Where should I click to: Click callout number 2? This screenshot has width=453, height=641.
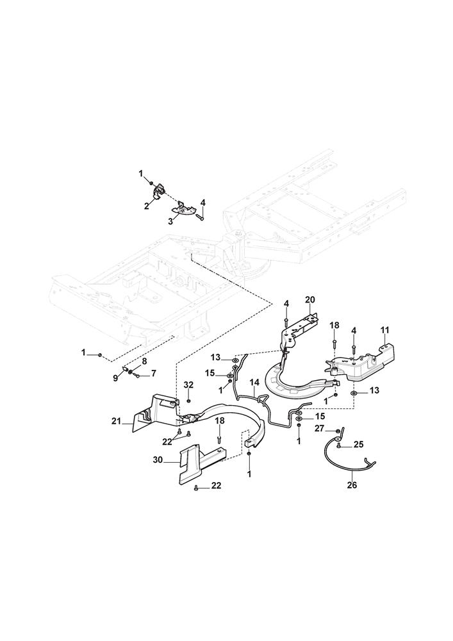[x=147, y=206]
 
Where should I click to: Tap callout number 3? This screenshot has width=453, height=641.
[x=170, y=221]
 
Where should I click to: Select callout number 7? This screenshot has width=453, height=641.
[x=153, y=373]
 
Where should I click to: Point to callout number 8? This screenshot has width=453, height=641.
[x=144, y=361]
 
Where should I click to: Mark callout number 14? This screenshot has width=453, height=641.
[x=254, y=383]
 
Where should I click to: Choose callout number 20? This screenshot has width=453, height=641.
[x=310, y=299]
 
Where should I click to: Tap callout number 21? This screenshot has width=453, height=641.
[x=116, y=421]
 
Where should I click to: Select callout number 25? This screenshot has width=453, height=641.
[x=358, y=444]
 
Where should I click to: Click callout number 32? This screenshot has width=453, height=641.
[x=188, y=385]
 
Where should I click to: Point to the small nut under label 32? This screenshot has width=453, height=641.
[x=188, y=401]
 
